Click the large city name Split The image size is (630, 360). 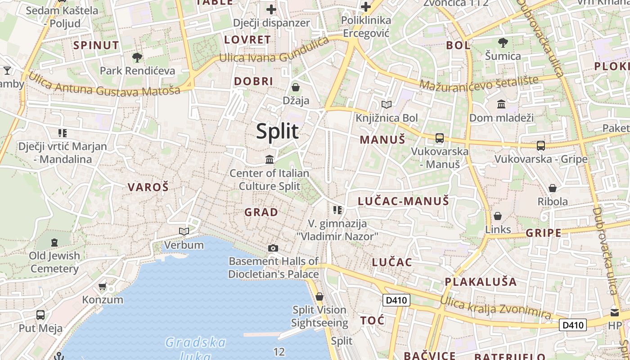click(277, 131)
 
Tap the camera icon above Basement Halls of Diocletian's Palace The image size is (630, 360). click(273, 248)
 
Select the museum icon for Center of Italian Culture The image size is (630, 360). click(270, 159)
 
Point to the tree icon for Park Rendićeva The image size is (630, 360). click(137, 57)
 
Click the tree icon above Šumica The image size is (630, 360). click(503, 43)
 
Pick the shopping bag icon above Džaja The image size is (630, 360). click(296, 87)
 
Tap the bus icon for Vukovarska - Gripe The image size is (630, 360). click(541, 145)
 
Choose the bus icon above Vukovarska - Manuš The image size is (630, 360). click(440, 138)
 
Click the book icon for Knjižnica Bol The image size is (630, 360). click(387, 104)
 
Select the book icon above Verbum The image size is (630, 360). click(184, 231)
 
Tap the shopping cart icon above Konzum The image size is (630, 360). click(103, 286)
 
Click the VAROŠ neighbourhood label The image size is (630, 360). click(148, 187)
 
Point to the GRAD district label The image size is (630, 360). click(261, 212)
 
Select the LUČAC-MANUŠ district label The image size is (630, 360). click(403, 201)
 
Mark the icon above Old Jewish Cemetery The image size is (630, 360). click(54, 243)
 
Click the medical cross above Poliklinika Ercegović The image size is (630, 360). click(366, 7)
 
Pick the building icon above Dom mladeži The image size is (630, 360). click(501, 104)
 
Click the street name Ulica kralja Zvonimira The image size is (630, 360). click(495, 308)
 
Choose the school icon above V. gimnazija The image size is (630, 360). click(337, 210)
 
